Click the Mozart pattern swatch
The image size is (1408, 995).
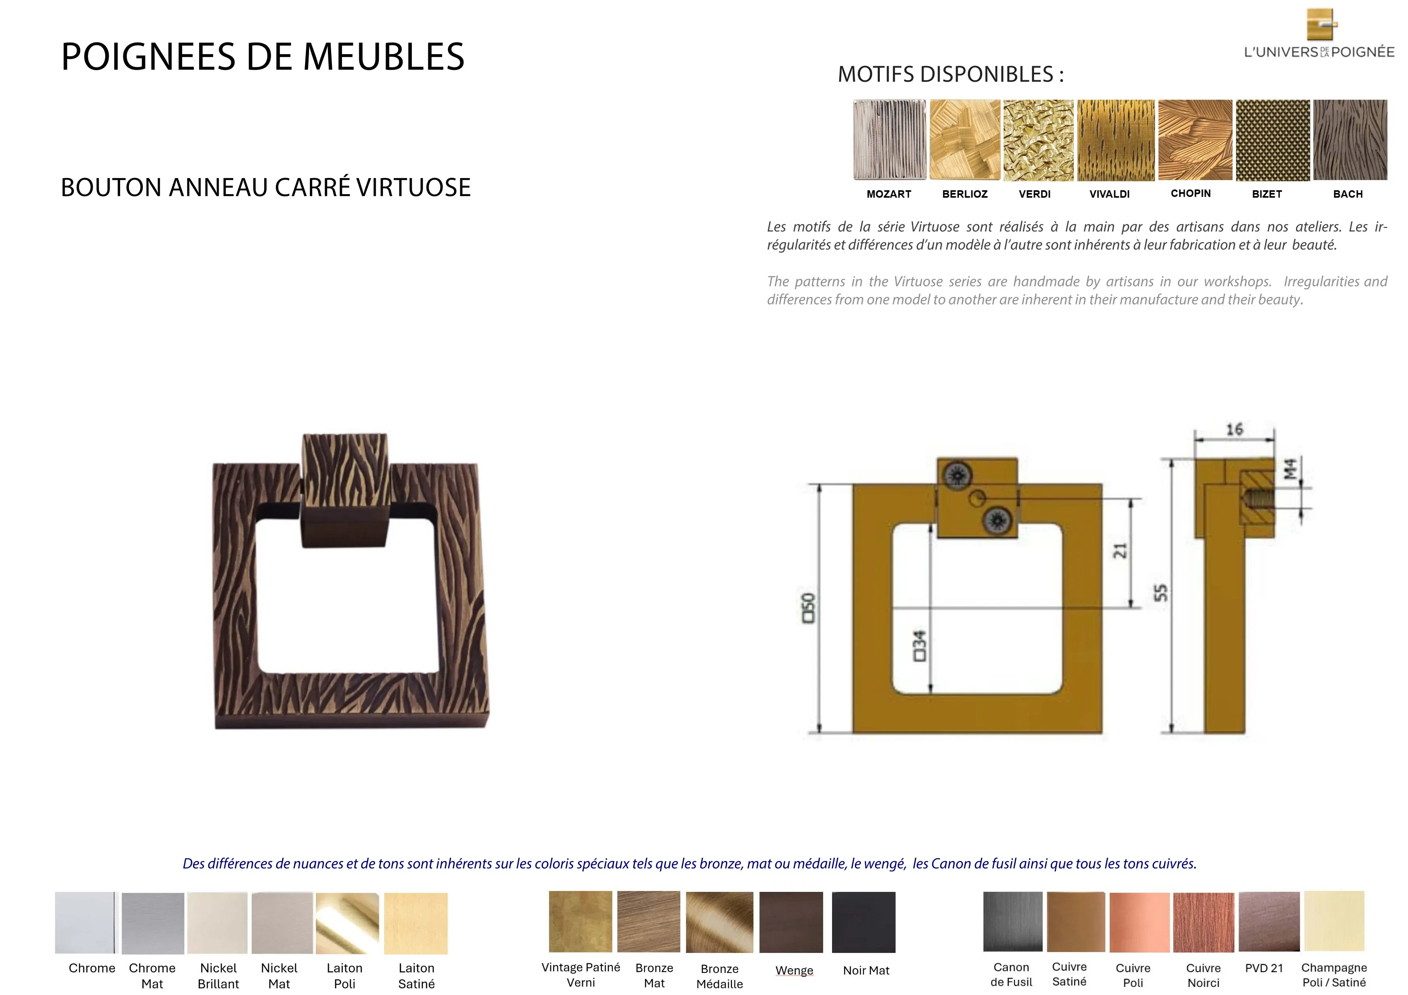889,140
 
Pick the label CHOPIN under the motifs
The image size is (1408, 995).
1190,193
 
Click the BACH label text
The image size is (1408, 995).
1347,194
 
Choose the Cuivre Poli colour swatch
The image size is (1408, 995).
1139,922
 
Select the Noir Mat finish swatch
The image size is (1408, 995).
863,922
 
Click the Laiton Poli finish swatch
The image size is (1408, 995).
347,923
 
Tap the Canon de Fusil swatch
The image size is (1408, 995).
1013,922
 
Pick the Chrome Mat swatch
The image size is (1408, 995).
153,923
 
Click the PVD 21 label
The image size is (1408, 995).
1264,968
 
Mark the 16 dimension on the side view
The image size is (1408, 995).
1235,429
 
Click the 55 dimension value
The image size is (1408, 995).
1160,593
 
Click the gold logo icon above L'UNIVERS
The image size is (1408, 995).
1322,24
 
